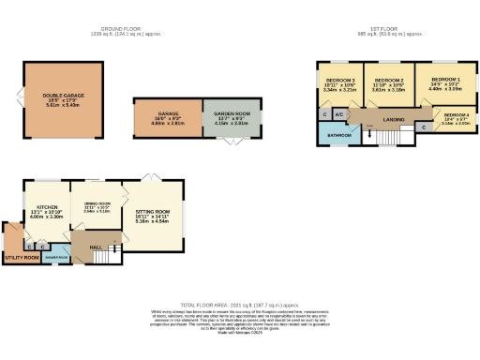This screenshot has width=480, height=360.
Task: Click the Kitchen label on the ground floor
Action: click(x=47, y=207)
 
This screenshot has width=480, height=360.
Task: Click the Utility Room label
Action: click(x=20, y=257)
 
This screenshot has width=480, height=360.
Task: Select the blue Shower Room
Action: click(x=55, y=256)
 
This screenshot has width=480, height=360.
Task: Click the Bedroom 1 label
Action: click(x=445, y=81)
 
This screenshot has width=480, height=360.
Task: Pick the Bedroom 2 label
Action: click(x=388, y=81)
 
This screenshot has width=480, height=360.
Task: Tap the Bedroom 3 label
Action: click(x=339, y=81)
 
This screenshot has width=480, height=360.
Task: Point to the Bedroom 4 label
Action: click(x=457, y=113)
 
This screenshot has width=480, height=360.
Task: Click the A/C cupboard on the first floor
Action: click(x=339, y=114)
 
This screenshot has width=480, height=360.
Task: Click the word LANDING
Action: click(x=394, y=119)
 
